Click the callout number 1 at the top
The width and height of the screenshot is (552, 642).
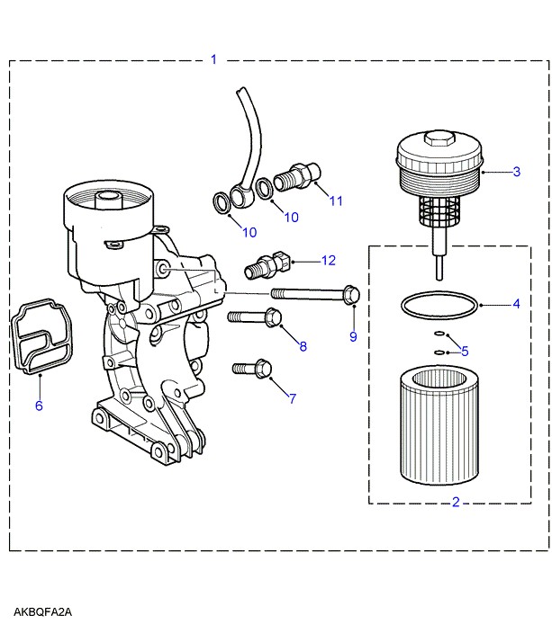pyautogui.click(x=213, y=59)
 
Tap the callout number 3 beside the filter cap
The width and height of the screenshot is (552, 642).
pyautogui.click(x=516, y=172)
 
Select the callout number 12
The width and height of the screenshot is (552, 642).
pyautogui.click(x=329, y=261)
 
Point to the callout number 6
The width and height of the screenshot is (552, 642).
pyautogui.click(x=39, y=406)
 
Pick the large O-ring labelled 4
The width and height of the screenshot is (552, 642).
pyautogui.click(x=439, y=305)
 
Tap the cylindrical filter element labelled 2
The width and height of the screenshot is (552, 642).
pyautogui.click(x=439, y=425)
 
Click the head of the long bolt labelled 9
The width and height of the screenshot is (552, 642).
pyautogui.click(x=351, y=294)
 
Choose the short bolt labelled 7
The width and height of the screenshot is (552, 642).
pyautogui.click(x=252, y=368)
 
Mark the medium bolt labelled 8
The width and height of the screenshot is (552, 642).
pyautogui.click(x=255, y=317)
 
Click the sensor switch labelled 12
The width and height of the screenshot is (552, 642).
pyautogui.click(x=267, y=264)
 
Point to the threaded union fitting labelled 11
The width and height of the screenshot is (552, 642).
pyautogui.click(x=297, y=176)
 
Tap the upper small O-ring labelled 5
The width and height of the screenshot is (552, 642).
pyautogui.click(x=439, y=334)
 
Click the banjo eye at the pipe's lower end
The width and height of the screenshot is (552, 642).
pyautogui.click(x=240, y=195)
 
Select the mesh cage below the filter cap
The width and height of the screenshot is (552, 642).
pyautogui.click(x=439, y=210)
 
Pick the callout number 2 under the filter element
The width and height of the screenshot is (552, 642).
pyautogui.click(x=456, y=502)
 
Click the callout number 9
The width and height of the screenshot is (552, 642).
pyautogui.click(x=353, y=336)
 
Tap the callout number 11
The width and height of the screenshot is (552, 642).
pyautogui.click(x=336, y=201)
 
